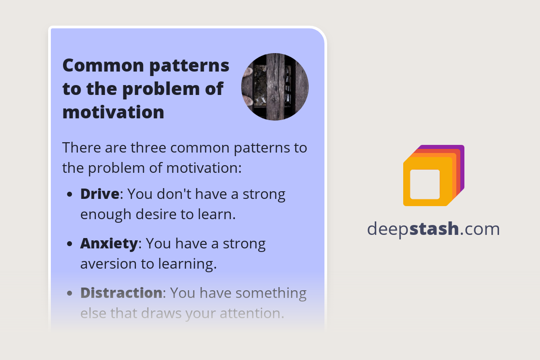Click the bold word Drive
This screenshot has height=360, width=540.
(100, 194)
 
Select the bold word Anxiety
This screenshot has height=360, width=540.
(109, 244)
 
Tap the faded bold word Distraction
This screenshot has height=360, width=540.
(121, 293)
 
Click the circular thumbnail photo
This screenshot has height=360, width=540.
(275, 87)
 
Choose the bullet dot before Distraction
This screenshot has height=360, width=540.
(69, 294)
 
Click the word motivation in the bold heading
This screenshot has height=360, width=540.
(113, 112)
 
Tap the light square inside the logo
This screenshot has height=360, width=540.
(425, 184)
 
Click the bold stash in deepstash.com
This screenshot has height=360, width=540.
(435, 229)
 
